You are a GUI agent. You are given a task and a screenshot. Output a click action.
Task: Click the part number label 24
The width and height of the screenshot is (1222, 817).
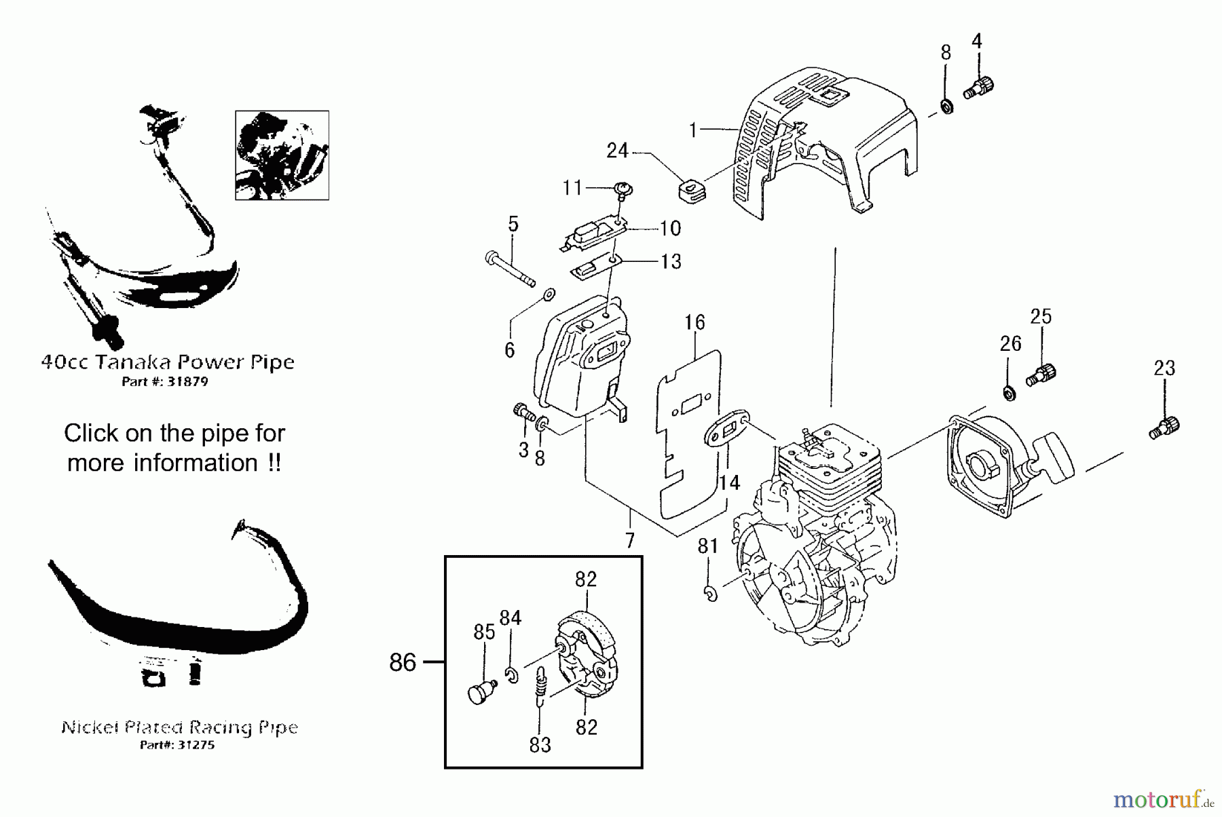tap(617, 151)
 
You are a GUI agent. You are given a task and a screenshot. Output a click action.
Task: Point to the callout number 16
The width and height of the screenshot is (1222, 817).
tap(695, 322)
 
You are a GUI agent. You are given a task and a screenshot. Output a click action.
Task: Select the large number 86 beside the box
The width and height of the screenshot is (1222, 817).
tap(403, 662)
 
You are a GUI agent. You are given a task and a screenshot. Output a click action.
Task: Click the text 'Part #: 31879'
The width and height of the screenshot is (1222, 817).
tap(165, 382)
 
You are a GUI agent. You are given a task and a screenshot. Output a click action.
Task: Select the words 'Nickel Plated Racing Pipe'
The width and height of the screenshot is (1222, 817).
tap(180, 727)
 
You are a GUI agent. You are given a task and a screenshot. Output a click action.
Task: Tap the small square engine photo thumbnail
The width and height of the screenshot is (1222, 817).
tap(282, 155)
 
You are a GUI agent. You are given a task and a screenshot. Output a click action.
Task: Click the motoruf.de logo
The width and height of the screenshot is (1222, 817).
tap(1163, 801)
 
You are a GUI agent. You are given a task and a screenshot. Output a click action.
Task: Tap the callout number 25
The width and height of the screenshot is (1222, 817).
tap(1041, 317)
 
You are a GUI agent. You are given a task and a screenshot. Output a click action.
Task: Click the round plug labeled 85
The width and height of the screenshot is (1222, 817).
tap(481, 693)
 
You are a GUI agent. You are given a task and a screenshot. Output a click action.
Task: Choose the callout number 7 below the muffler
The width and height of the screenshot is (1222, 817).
tap(630, 540)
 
